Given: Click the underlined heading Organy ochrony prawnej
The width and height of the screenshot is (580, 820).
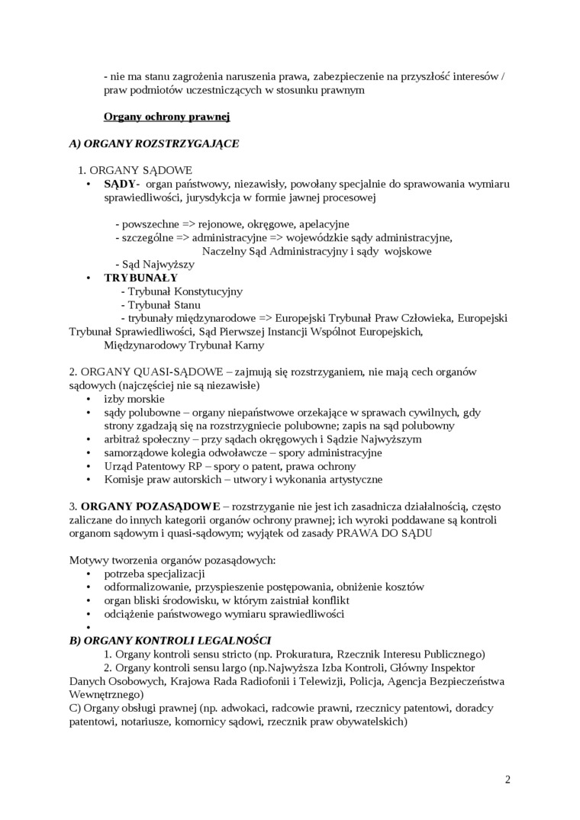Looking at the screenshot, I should [166, 117].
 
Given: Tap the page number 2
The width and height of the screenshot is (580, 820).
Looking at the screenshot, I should [507, 779].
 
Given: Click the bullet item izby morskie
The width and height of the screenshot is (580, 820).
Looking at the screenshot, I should [134, 398].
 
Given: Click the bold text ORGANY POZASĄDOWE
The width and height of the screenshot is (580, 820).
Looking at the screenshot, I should [150, 506].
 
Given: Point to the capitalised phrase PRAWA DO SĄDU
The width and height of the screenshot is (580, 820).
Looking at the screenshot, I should [385, 533].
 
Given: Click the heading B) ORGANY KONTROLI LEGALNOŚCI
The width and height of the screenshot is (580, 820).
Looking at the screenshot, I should [170, 641].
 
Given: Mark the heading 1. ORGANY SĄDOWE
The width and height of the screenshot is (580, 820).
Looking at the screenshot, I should [136, 170].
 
